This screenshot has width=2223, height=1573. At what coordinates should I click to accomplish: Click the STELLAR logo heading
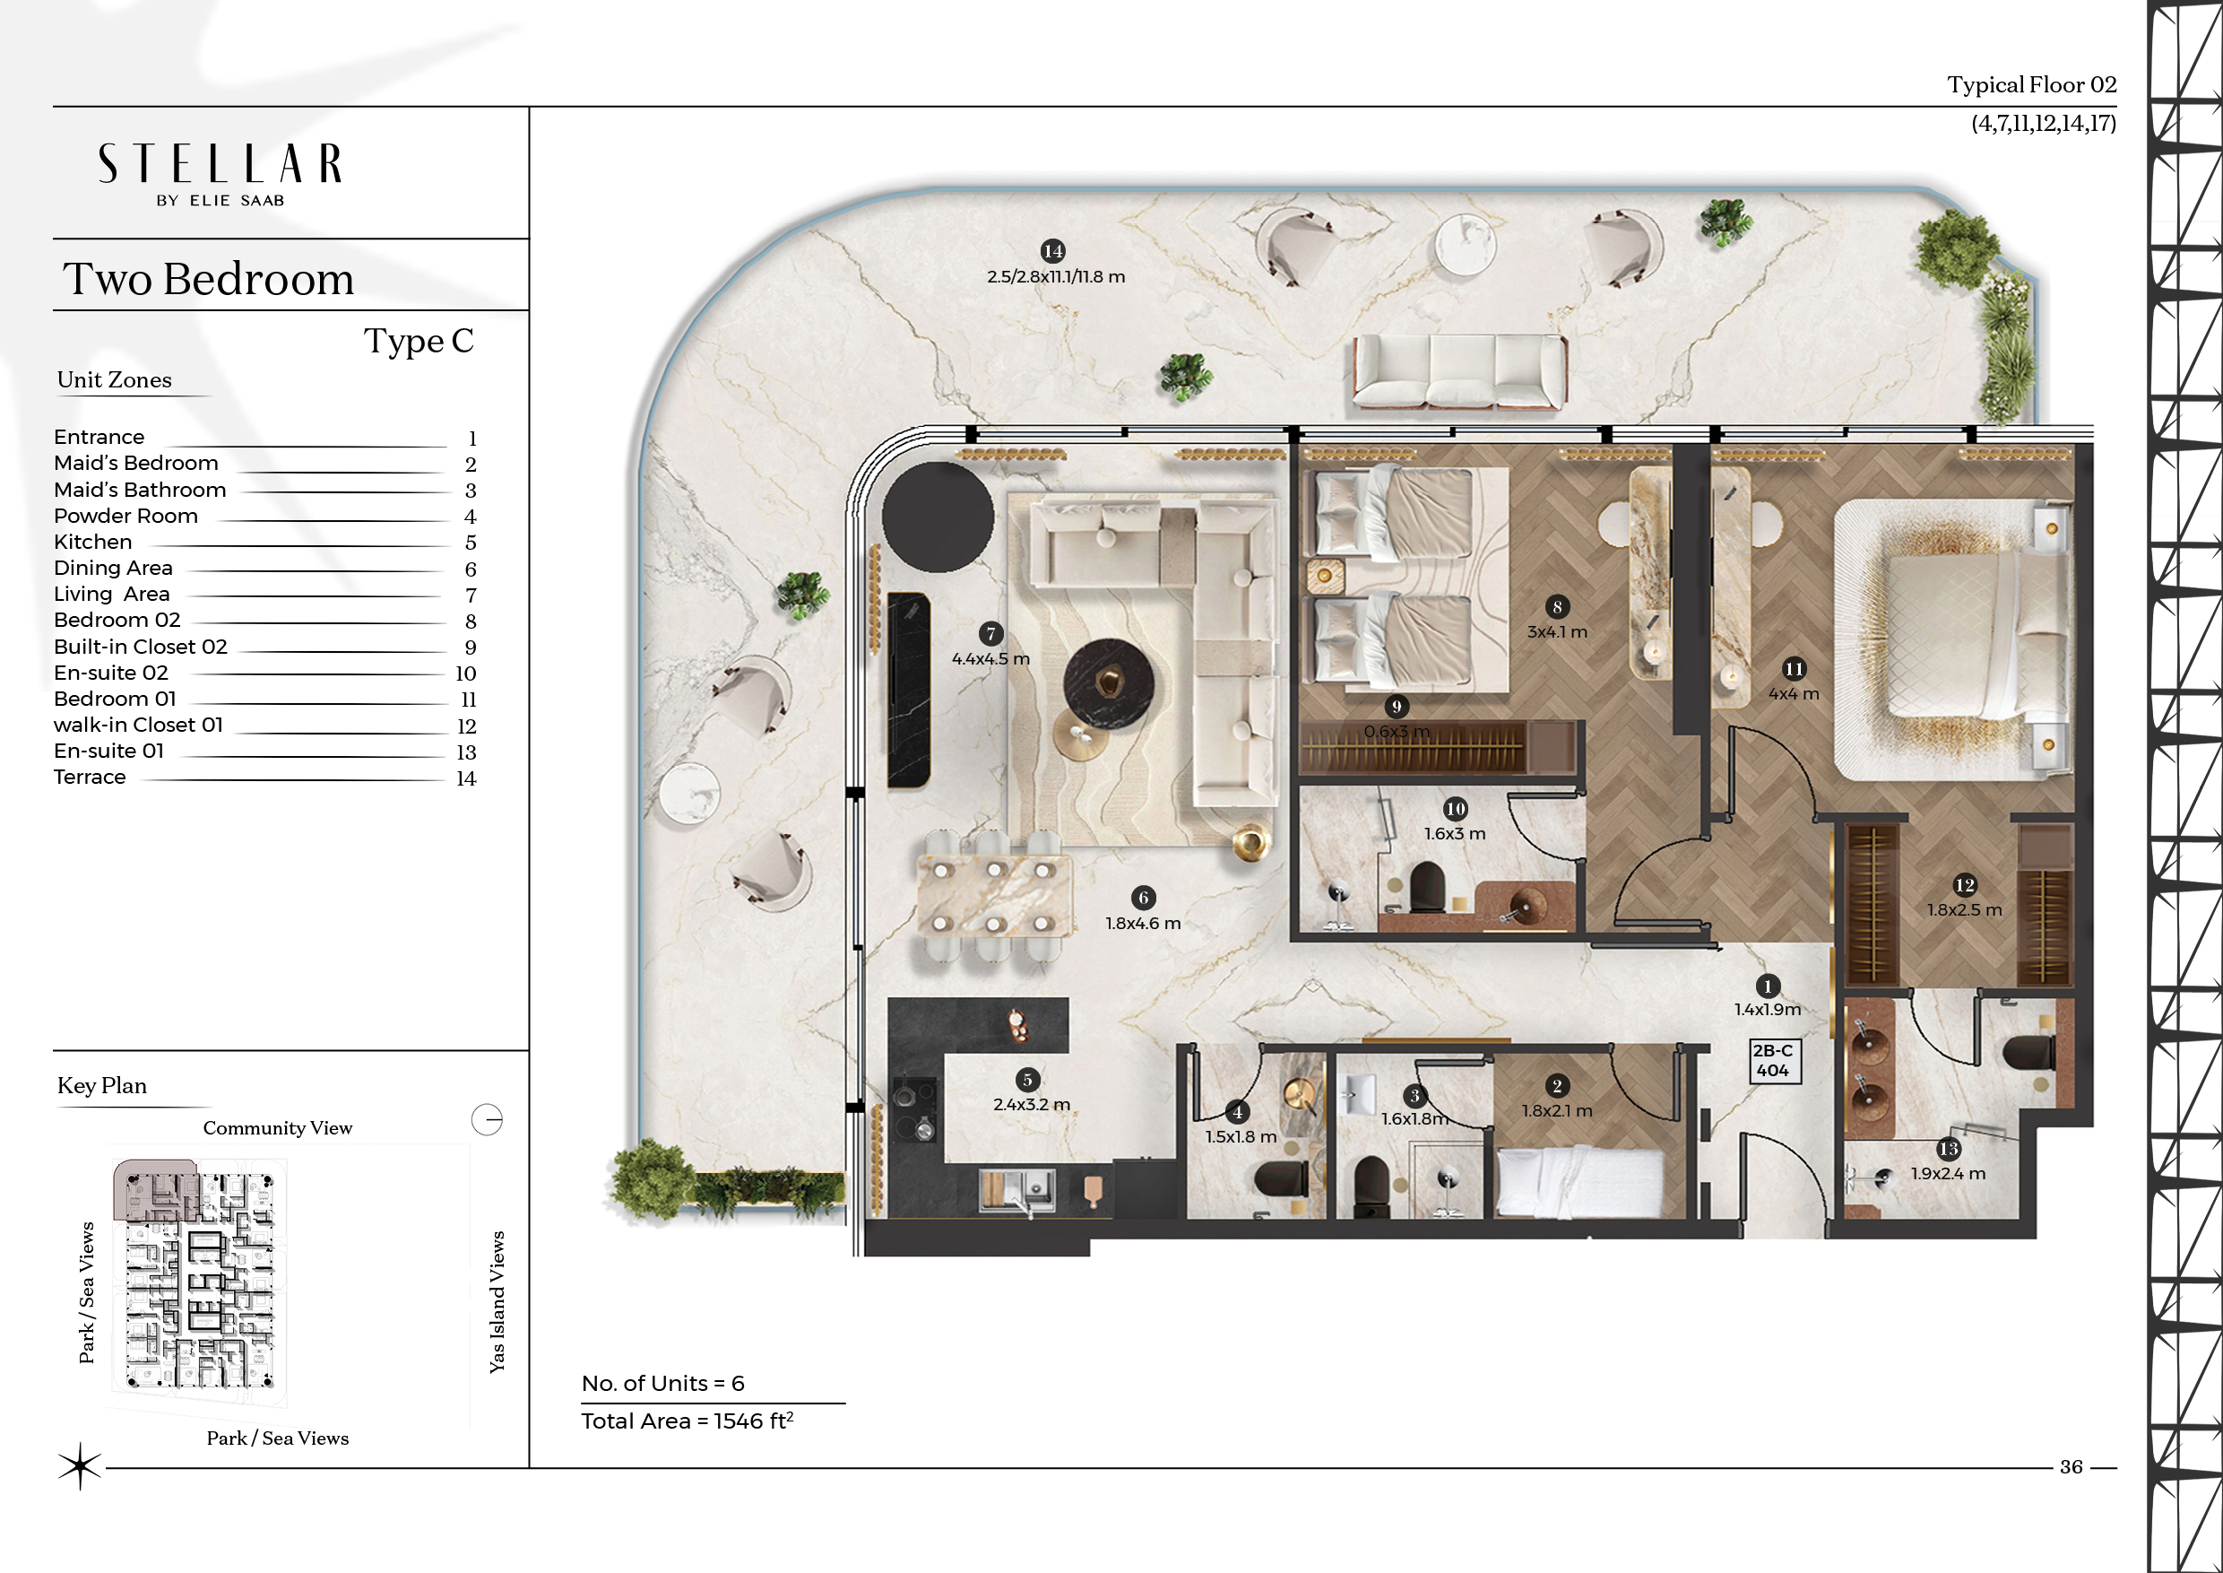tap(220, 164)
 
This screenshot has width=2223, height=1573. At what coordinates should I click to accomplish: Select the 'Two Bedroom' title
tap(208, 279)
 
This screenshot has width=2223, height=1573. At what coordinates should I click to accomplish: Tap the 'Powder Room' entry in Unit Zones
tap(125, 517)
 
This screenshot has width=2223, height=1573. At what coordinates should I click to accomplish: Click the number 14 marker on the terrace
tap(1052, 251)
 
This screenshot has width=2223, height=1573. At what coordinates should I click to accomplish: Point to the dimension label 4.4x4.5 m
tap(990, 658)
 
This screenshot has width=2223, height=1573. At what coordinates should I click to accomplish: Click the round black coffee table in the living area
tap(1109, 682)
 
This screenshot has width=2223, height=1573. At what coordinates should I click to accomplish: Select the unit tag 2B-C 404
tap(1773, 1061)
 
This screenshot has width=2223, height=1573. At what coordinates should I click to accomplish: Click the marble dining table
tap(994, 896)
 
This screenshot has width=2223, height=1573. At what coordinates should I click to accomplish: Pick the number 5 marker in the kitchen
tap(1027, 1079)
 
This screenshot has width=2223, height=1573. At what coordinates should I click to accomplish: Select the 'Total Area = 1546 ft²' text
tap(688, 1421)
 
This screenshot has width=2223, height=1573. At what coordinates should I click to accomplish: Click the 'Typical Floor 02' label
tap(2031, 85)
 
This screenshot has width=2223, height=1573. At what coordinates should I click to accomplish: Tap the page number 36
tap(2071, 1467)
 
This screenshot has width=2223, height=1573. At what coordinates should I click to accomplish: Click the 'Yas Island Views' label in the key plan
tap(497, 1302)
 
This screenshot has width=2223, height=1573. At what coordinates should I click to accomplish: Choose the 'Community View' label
tap(278, 1127)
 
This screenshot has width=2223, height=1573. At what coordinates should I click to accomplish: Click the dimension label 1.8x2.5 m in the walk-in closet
tap(1965, 910)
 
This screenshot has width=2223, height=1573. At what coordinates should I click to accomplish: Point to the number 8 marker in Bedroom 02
tap(1557, 607)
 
